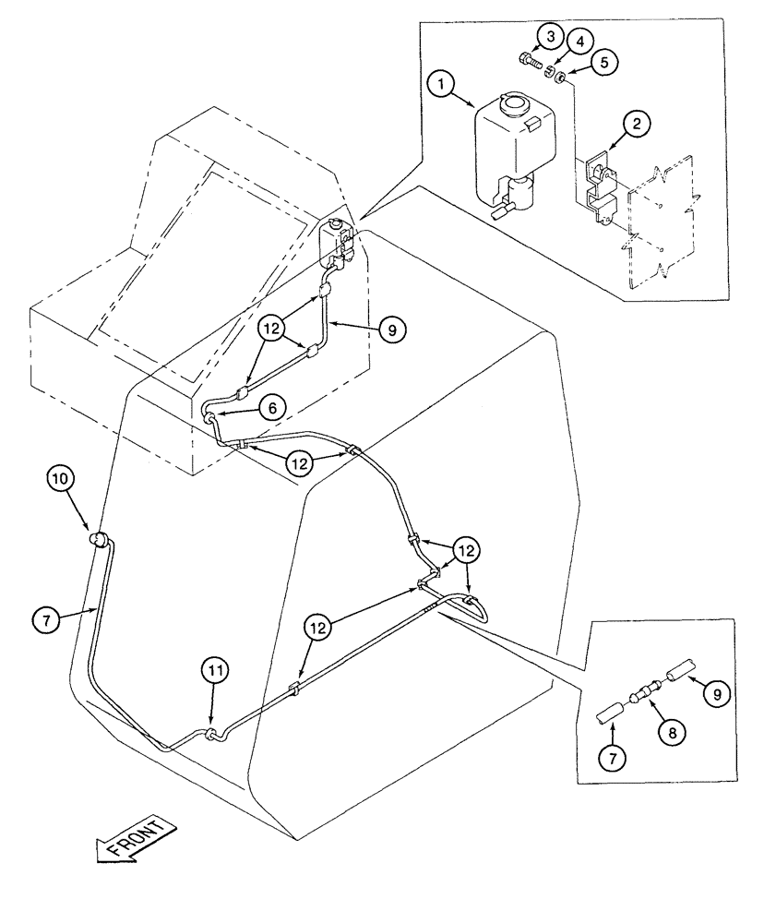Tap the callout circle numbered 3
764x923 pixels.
click(550, 37)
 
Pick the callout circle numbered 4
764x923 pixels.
click(579, 42)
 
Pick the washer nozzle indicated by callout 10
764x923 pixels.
click(97, 540)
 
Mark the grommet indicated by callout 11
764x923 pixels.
click(213, 736)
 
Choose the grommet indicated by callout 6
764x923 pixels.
click(211, 420)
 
